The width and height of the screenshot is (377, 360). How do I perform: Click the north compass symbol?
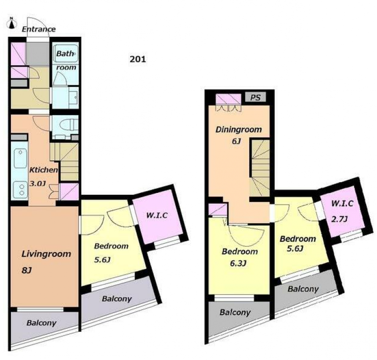pyautogui.click(x=11, y=23)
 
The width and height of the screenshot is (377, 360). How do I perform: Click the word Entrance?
pyautogui.click(x=39, y=29)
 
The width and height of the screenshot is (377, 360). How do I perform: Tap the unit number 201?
pyautogui.click(x=138, y=59)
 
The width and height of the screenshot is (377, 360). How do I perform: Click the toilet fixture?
pyautogui.click(x=68, y=125)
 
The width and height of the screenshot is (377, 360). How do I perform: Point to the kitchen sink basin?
pyautogui.click(x=20, y=158)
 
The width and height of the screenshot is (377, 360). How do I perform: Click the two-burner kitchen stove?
pyautogui.click(x=20, y=190)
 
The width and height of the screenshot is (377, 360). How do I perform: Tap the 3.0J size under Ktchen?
pyautogui.click(x=38, y=184)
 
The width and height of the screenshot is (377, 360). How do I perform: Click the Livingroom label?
pyautogui.click(x=46, y=254)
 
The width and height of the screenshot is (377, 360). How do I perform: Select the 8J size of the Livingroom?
pyautogui.click(x=27, y=270)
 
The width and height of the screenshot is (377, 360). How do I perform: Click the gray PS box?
pyautogui.click(x=255, y=97)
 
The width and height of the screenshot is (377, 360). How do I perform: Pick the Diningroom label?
pyautogui.click(x=239, y=130)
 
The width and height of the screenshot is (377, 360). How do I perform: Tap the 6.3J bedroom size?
pyautogui.click(x=238, y=263)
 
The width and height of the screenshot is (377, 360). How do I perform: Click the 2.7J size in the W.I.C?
pyautogui.click(x=339, y=219)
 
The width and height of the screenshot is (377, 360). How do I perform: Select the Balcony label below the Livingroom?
pyautogui.click(x=41, y=323)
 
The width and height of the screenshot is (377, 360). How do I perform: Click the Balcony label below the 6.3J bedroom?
pyautogui.click(x=235, y=312)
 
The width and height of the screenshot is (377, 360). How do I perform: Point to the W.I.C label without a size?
pyautogui.click(x=157, y=215)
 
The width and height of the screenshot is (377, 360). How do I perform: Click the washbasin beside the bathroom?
pyautogui.click(x=74, y=98)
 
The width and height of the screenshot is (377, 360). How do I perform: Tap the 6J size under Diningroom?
pyautogui.click(x=236, y=141)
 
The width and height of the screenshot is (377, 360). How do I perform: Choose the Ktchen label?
pyautogui.click(x=43, y=170)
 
